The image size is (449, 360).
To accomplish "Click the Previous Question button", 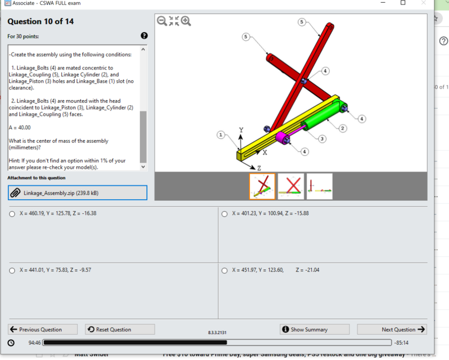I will (x=36, y=330).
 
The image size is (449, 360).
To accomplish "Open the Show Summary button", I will (x=314, y=330).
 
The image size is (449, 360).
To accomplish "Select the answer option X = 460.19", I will (x=12, y=214).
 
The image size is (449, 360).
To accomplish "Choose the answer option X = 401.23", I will (x=225, y=214).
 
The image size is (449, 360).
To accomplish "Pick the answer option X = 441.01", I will (x=12, y=271).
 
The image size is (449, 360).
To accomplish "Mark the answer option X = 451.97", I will (x=225, y=271).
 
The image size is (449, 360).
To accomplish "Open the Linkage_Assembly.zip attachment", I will (x=77, y=193).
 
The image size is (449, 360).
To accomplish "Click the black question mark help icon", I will (x=144, y=36).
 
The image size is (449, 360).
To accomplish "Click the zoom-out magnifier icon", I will (x=162, y=21).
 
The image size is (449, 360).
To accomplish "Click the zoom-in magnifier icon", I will (x=186, y=21).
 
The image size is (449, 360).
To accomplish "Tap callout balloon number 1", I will (x=221, y=135).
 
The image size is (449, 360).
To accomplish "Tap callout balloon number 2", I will (x=342, y=128).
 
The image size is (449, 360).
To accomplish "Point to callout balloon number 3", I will (x=322, y=138).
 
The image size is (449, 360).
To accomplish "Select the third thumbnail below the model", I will (x=319, y=186).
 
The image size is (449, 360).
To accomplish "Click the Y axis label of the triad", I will (x=241, y=130).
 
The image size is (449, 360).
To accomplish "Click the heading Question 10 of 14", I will (x=40, y=22).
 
